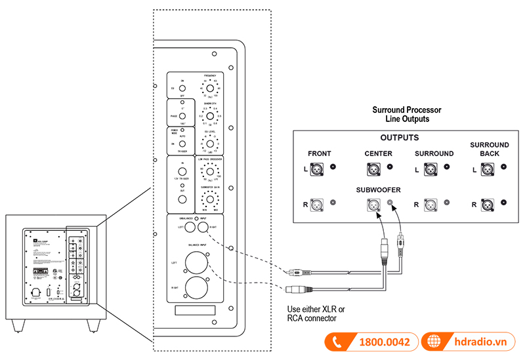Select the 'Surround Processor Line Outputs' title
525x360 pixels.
(x=406, y=115)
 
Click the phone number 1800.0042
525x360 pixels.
(x=385, y=342)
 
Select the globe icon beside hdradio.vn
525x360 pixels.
(x=434, y=342)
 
